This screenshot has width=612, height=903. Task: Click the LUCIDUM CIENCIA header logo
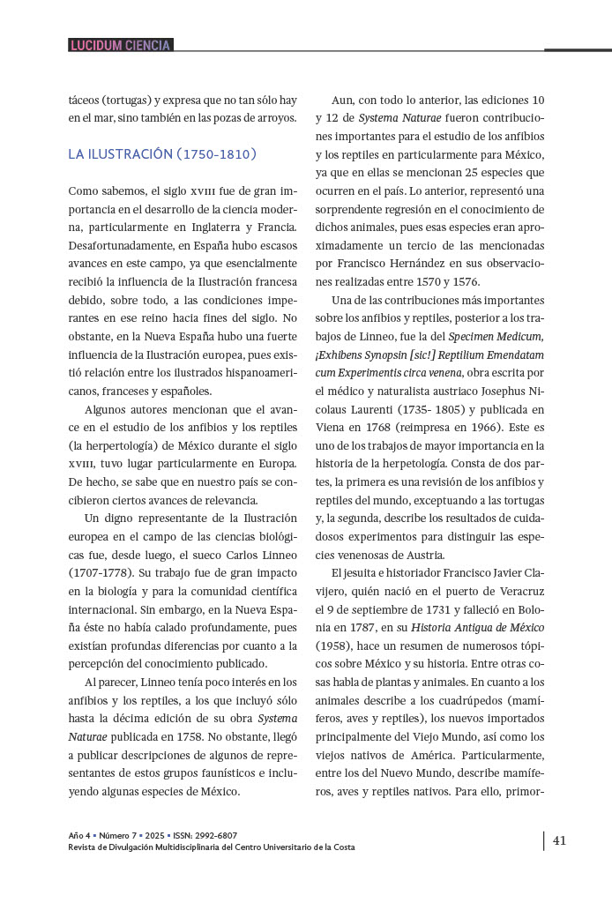click(x=120, y=45)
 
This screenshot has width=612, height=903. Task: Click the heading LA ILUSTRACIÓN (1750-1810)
click(x=162, y=154)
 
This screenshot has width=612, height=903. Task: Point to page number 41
click(x=559, y=840)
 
